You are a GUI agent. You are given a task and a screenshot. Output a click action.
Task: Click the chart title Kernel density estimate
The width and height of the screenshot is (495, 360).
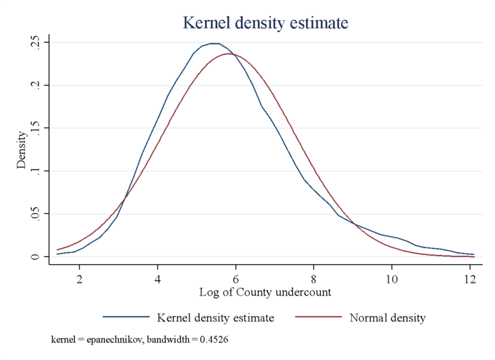[x=266, y=23]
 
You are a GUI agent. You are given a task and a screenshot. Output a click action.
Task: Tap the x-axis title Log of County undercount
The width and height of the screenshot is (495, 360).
[x=266, y=292]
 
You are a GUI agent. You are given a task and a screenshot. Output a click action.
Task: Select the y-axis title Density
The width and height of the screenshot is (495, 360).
[x=22, y=150]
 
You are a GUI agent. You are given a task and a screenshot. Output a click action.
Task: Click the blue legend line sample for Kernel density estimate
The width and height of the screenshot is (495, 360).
[x=125, y=317]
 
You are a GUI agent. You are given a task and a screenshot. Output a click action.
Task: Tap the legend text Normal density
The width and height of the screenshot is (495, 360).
[x=387, y=317]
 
